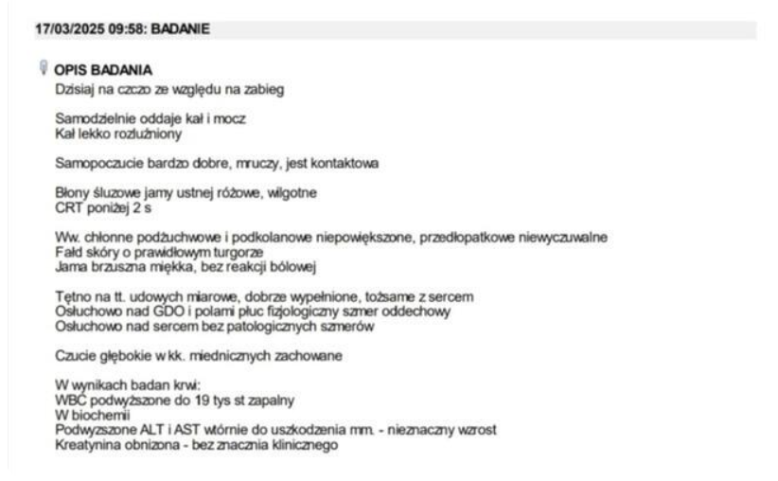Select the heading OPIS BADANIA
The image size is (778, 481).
pos(103,70)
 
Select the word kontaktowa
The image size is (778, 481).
pos(345,163)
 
